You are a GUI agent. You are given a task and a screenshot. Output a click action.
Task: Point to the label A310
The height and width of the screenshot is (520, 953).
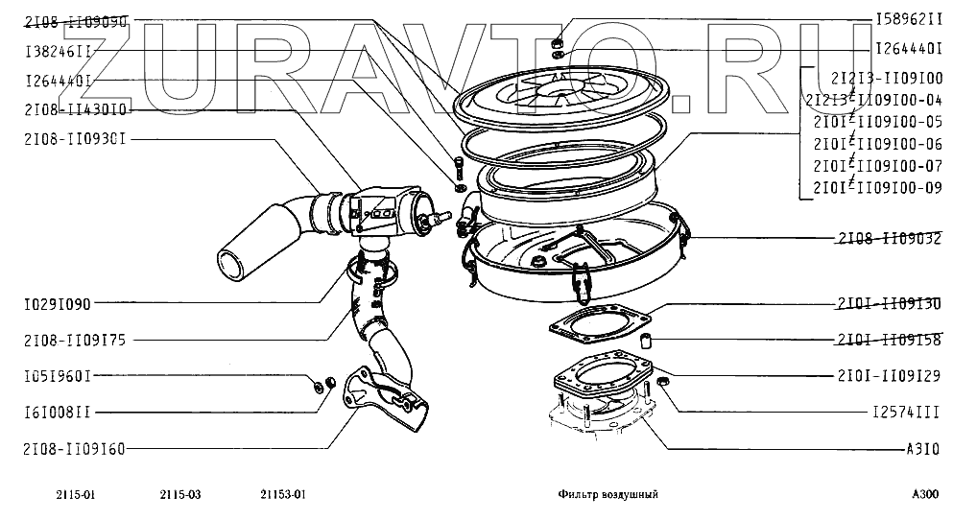[x=922, y=448]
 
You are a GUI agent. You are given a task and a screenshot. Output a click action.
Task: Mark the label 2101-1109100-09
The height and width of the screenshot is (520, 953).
[x=877, y=187]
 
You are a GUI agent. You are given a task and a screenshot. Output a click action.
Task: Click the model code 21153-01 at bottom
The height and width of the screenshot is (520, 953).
[x=282, y=495]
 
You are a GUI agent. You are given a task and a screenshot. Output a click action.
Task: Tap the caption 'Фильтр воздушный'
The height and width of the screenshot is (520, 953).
[x=608, y=495]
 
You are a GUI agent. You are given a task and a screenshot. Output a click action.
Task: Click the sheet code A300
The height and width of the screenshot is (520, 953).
[x=924, y=495]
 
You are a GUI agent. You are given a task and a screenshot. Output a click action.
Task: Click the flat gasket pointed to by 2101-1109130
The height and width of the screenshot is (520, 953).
[x=600, y=320]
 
